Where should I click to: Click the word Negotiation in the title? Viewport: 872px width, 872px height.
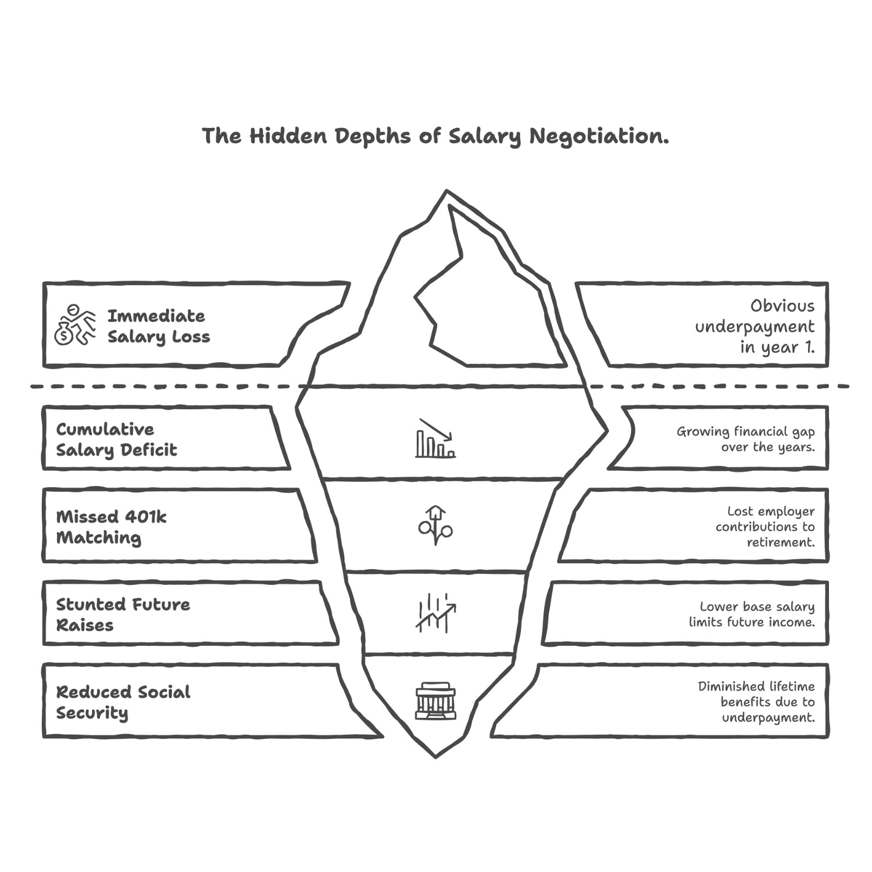click(598, 137)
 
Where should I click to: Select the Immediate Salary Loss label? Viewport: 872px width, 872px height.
click(158, 326)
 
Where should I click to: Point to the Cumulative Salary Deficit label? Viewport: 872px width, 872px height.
click(116, 439)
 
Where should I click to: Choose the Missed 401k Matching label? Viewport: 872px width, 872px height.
click(111, 527)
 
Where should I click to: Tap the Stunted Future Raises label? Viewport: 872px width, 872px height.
click(123, 614)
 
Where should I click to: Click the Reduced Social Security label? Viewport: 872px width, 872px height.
click(123, 702)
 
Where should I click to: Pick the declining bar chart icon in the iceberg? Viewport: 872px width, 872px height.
click(435, 438)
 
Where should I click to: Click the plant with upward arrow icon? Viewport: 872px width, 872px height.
click(435, 525)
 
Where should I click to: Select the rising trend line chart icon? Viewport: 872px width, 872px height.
click(435, 613)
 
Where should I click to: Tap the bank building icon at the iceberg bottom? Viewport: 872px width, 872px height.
click(435, 701)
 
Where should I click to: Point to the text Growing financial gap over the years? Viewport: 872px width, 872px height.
click(745, 439)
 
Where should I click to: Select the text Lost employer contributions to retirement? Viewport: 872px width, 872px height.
click(765, 527)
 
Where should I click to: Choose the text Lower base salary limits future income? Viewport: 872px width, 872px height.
click(752, 614)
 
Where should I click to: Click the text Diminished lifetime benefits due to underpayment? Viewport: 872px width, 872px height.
click(756, 702)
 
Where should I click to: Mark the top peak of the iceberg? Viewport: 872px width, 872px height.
click(446, 191)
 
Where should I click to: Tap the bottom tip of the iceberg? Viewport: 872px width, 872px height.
click(435, 756)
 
